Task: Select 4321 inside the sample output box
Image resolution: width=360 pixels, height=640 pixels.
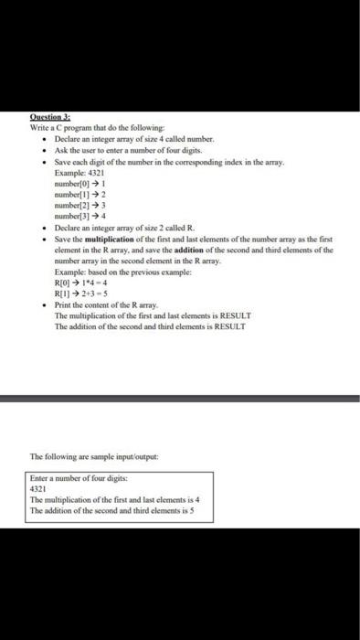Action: point(39,489)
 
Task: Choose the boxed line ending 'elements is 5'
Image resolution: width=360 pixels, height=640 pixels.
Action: point(114,511)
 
